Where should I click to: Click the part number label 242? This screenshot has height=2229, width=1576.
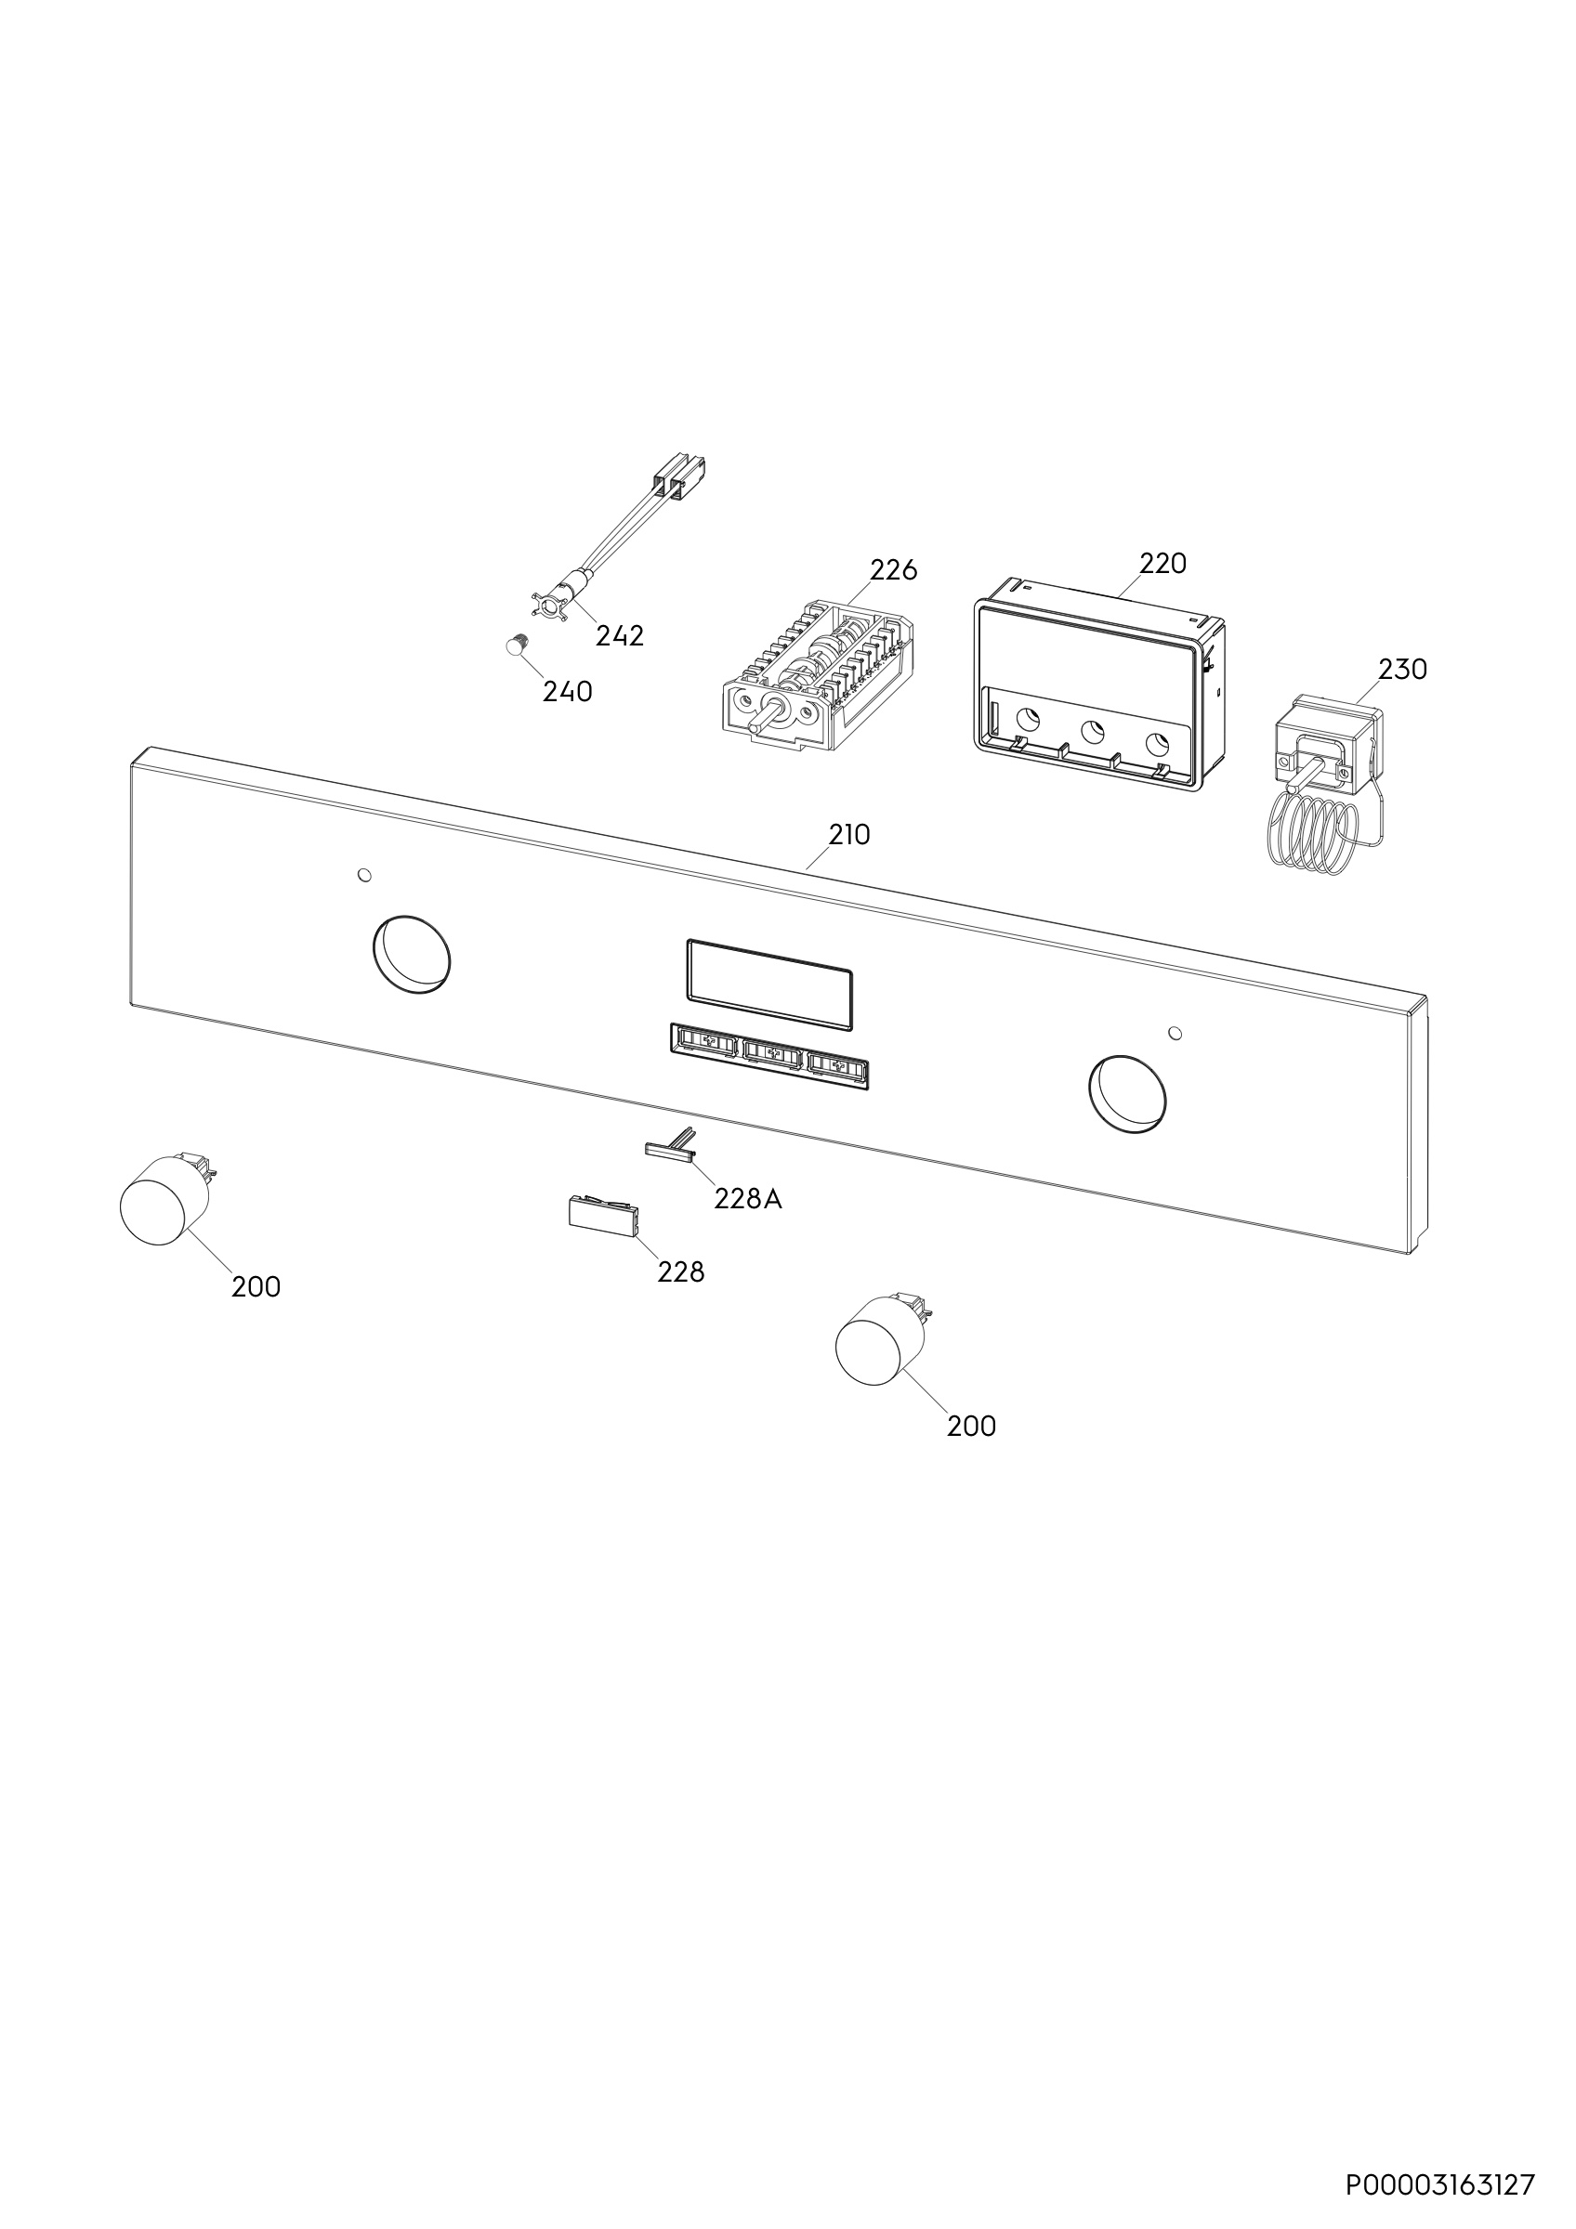[x=620, y=636]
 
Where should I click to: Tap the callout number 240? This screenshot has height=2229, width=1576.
[x=567, y=692]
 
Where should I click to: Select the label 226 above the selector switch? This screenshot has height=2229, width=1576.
[x=893, y=570]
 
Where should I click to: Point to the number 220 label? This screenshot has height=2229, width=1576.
[x=1162, y=563]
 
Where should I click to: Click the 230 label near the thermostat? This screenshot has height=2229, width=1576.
[x=1403, y=669]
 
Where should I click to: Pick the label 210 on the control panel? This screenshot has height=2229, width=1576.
[x=848, y=834]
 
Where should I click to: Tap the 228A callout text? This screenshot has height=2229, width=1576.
[x=748, y=1200]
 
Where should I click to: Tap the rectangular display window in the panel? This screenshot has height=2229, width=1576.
[x=769, y=984]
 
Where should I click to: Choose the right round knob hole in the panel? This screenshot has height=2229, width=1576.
[x=1126, y=1094]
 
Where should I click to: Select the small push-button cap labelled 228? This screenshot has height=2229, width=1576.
[x=603, y=1216]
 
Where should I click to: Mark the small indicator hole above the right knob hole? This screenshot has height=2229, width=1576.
[x=1175, y=1031]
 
